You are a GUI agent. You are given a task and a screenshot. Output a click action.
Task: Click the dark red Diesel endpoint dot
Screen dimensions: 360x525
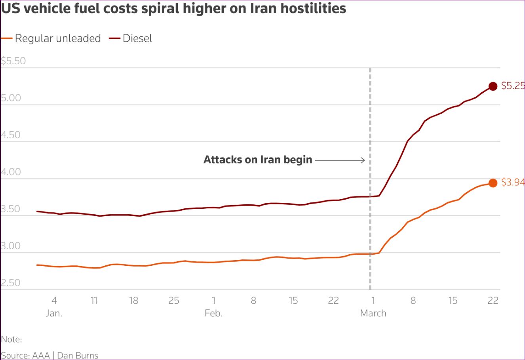pyautogui.click(x=493, y=86)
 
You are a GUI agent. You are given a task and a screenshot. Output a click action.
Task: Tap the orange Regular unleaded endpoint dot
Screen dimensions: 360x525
pyautogui.click(x=493, y=183)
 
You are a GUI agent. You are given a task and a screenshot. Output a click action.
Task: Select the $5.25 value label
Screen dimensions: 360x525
pyautogui.click(x=513, y=86)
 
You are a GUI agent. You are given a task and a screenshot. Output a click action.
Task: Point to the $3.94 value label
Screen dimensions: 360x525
pyautogui.click(x=513, y=182)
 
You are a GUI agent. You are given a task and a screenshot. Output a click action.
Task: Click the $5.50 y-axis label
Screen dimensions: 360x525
pyautogui.click(x=13, y=61)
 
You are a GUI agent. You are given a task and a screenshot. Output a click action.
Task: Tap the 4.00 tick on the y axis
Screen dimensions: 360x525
pyautogui.click(x=11, y=172)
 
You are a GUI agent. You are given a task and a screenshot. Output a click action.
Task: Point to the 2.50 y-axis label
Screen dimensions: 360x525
pyautogui.click(x=11, y=283)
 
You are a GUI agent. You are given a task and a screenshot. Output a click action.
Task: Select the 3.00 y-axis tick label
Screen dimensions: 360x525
pyautogui.click(x=11, y=246)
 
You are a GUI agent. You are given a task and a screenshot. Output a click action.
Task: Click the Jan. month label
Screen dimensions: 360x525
pyautogui.click(x=54, y=313)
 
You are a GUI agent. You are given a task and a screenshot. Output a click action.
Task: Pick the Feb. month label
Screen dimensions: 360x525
pyautogui.click(x=213, y=313)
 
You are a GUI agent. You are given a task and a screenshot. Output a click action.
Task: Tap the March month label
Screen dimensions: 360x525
pyautogui.click(x=373, y=313)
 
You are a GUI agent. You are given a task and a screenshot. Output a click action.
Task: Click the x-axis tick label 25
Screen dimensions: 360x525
pyautogui.click(x=174, y=301)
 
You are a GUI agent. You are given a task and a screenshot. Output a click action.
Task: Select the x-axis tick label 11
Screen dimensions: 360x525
pyautogui.click(x=94, y=301)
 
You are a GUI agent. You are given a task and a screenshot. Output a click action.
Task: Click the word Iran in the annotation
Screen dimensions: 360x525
pyautogui.click(x=270, y=160)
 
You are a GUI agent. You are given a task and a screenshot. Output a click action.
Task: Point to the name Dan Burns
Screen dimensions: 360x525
pyautogui.click(x=78, y=355)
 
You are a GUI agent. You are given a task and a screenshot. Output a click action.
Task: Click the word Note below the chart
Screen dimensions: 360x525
pyautogui.click(x=11, y=339)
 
